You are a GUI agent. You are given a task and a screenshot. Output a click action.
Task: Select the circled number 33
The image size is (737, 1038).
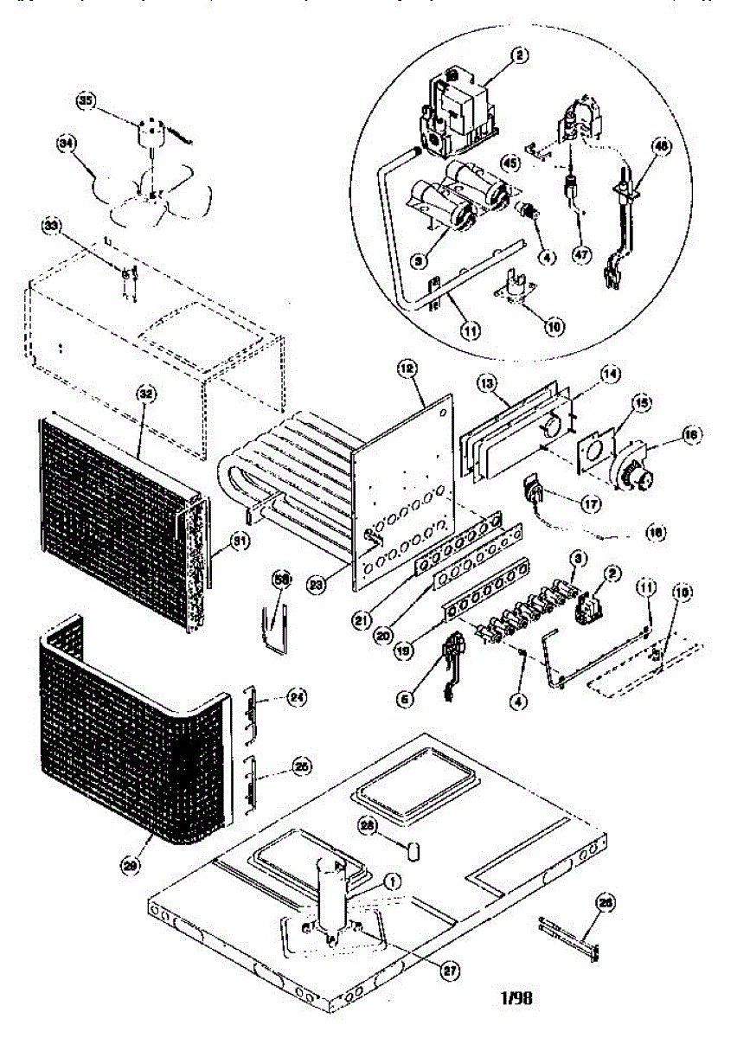pyautogui.click(x=54, y=227)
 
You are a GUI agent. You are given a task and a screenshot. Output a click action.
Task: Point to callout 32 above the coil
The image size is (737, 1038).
pyautogui.click(x=146, y=391)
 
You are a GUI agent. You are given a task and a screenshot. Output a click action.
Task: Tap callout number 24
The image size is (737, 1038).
pyautogui.click(x=297, y=696)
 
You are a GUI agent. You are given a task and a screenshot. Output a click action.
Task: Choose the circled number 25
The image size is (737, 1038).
pyautogui.click(x=302, y=766)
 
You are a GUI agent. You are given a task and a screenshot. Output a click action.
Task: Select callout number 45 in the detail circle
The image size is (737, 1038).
pyautogui.click(x=509, y=161)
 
